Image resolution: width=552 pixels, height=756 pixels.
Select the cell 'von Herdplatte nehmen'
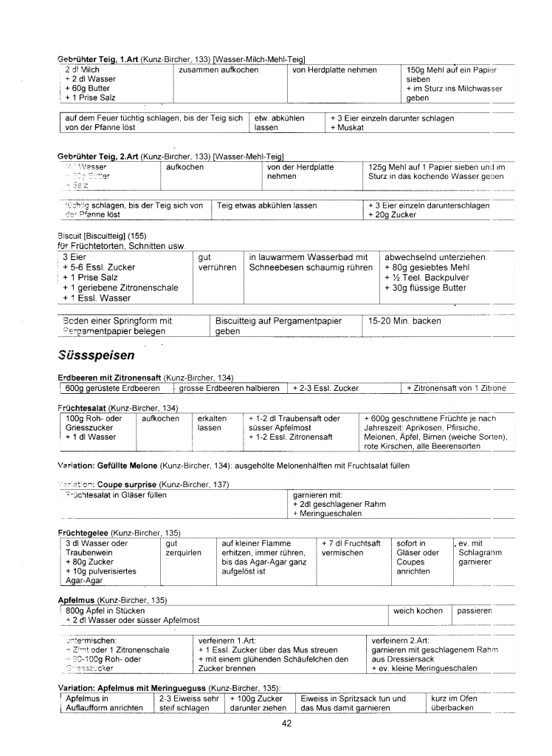click(334, 70)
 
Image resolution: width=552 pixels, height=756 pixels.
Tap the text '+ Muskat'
click(348, 127)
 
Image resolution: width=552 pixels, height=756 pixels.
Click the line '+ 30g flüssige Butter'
click(425, 287)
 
